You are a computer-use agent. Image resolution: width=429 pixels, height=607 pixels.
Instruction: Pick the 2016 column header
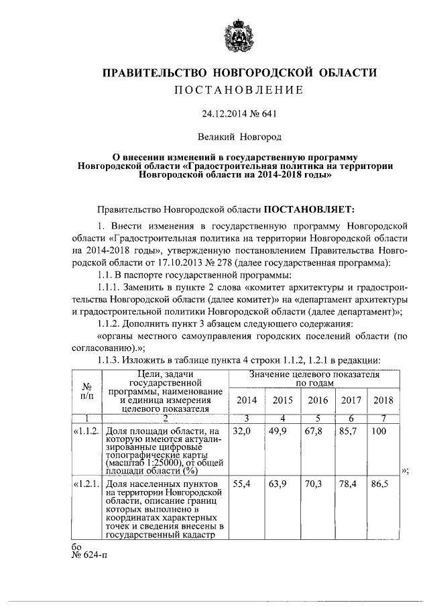(318, 400)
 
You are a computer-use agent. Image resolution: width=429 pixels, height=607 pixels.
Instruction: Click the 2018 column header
(383, 400)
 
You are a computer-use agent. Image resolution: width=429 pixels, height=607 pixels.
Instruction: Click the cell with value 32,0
(241, 431)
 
